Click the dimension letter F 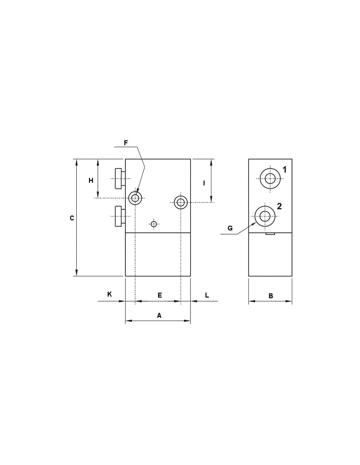[126, 143]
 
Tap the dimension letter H [91, 181]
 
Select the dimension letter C [72, 218]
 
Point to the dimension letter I [204, 183]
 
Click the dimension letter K [109, 294]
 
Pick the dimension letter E [160, 295]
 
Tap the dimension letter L [207, 295]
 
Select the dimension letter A [159, 316]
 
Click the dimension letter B [271, 296]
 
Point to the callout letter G [230, 228]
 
